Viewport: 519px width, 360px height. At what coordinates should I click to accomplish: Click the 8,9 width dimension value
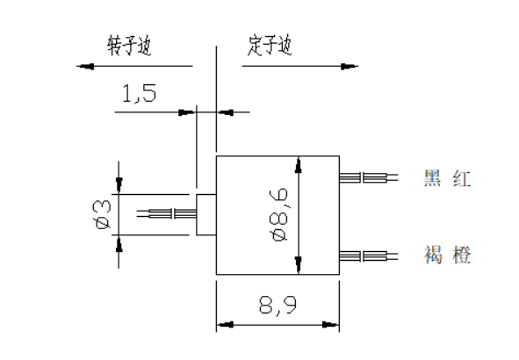[x=278, y=306]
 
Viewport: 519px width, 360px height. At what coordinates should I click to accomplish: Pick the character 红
[x=462, y=179]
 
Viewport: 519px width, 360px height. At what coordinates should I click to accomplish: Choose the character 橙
[x=462, y=256]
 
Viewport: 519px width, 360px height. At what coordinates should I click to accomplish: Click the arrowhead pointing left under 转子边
[x=85, y=66]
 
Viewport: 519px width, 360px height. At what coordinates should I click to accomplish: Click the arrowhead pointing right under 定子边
[x=350, y=66]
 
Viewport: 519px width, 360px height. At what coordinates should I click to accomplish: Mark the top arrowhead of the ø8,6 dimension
[x=299, y=164]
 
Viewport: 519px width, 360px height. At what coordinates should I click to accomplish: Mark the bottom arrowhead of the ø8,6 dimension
[x=299, y=266]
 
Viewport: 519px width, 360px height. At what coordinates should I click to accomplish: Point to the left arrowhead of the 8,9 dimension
[x=225, y=325]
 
